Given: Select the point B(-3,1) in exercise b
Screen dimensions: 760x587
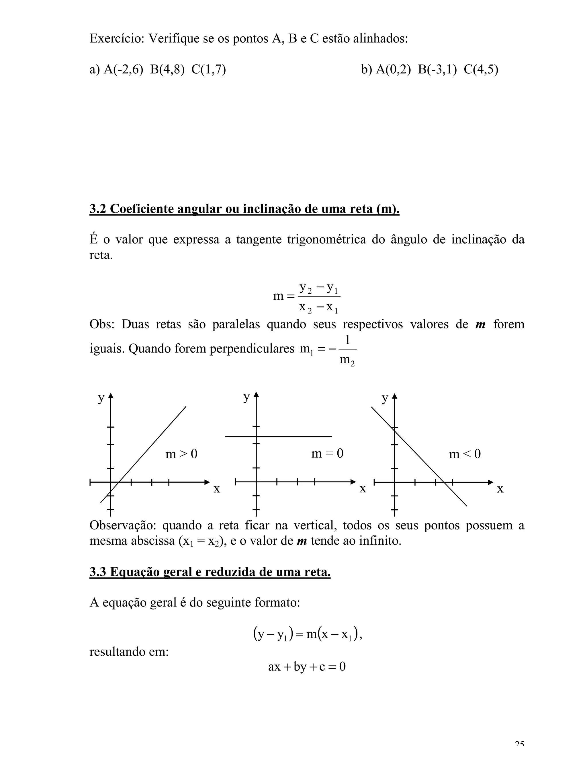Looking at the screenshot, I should pyautogui.click(x=437, y=70).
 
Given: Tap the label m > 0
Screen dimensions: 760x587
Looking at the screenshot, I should pyautogui.click(x=181, y=454).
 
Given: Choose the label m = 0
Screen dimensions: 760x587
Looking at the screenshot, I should pyautogui.click(x=327, y=453).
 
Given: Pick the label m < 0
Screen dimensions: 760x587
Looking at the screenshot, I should pyautogui.click(x=465, y=454).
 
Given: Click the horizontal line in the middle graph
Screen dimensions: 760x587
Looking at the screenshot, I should pyautogui.click(x=296, y=436).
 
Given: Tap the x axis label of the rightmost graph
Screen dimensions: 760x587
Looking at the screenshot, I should pyautogui.click(x=500, y=489).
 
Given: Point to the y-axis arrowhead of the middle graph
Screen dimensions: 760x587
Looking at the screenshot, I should pyautogui.click(x=256, y=394).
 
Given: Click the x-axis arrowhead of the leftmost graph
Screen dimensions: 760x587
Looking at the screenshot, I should pyautogui.click(x=207, y=482).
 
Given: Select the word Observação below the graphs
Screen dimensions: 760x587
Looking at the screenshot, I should pyautogui.click(x=121, y=525).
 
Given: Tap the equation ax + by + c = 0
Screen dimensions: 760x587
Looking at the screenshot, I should pyautogui.click(x=307, y=667).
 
